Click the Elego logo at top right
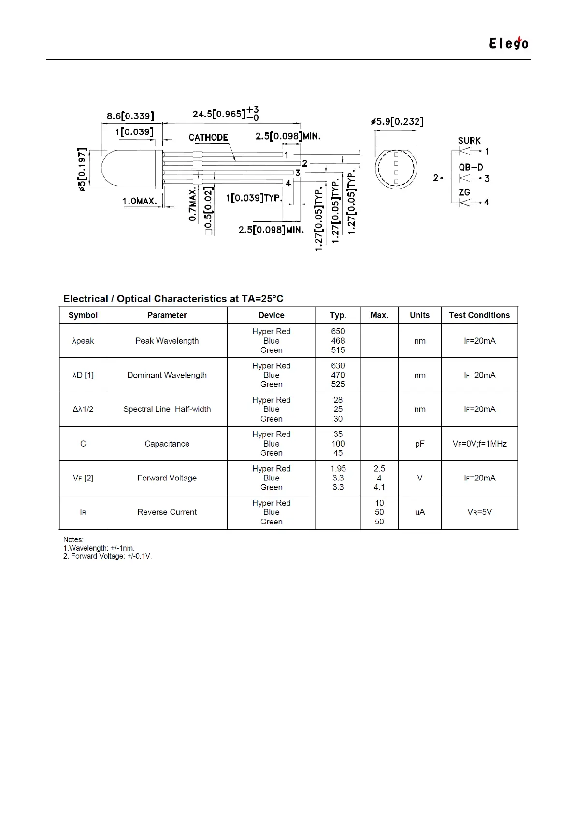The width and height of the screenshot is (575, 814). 508,44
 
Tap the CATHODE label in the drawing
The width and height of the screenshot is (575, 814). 208,138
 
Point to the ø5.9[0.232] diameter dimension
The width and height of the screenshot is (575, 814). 397,122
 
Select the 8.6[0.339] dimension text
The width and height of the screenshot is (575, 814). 130,116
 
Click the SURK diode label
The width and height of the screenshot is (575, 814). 469,141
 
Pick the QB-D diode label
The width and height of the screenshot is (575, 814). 471,167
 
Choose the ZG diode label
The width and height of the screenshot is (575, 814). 464,192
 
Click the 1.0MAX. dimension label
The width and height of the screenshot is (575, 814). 140,201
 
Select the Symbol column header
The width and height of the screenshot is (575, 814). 83,315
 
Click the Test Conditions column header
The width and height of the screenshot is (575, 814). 479,315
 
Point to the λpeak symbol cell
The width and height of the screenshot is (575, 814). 83,341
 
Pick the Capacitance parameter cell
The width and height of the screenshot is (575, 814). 167,444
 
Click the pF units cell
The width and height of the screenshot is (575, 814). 419,444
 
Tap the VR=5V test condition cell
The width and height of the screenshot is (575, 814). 479,512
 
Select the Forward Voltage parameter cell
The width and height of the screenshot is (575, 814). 167,478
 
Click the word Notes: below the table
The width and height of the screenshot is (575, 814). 73,539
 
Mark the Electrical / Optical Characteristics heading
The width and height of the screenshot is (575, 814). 173,299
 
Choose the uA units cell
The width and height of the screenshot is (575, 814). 419,512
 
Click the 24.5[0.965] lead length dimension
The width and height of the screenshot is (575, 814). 219,114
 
